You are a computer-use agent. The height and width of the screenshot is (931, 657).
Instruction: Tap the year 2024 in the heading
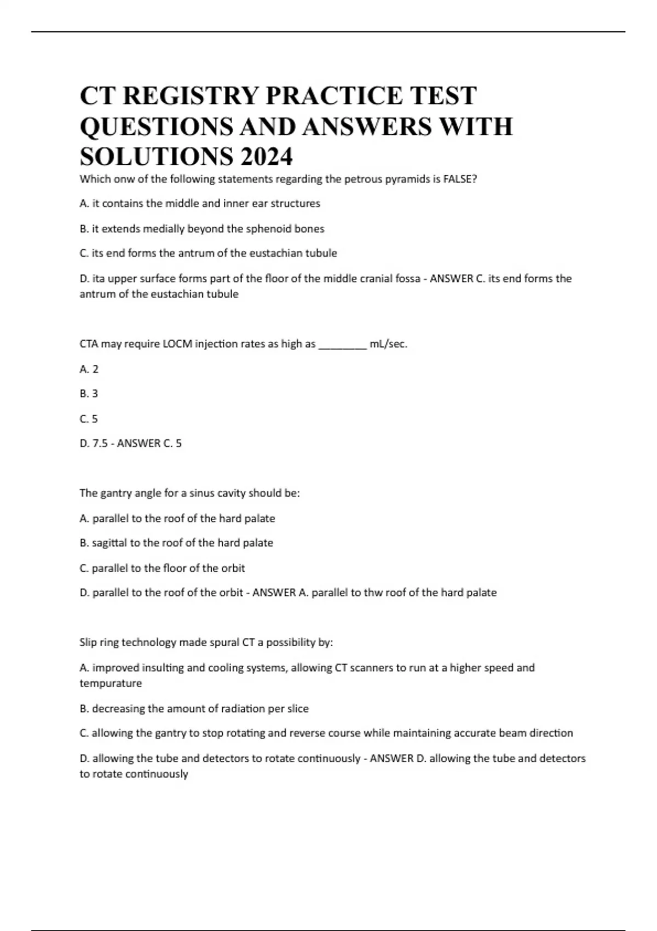tap(266, 157)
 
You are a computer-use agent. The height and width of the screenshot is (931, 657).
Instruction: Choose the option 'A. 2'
tap(89, 369)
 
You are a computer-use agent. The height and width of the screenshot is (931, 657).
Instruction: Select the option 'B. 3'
tap(89, 394)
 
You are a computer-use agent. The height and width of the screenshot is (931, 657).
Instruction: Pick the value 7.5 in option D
tap(100, 443)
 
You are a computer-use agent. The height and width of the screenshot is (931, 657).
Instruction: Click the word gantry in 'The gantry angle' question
tap(116, 493)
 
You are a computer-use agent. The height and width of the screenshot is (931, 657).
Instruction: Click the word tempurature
tap(111, 683)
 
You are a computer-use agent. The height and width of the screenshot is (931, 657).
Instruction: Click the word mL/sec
tap(389, 344)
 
